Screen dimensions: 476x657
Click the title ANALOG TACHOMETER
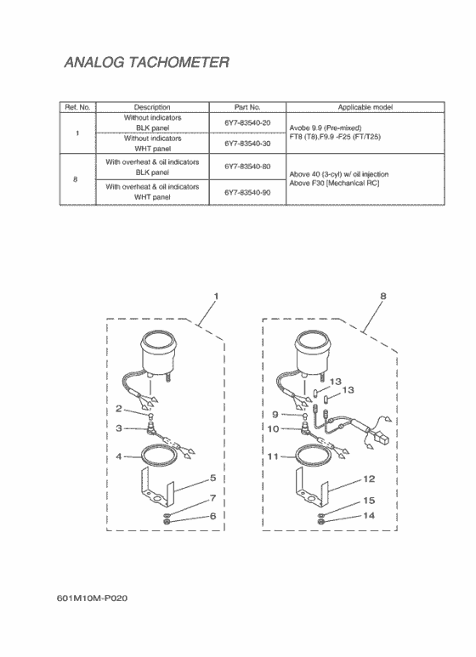click(x=147, y=62)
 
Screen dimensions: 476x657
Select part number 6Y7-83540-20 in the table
click(x=247, y=122)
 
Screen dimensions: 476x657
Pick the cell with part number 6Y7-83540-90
click(x=247, y=193)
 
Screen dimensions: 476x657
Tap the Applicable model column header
click(x=365, y=107)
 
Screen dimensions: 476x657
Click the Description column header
click(x=152, y=107)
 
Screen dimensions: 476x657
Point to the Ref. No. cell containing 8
click(x=76, y=179)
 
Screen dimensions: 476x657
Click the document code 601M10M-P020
click(x=92, y=598)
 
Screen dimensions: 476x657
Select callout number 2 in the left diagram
click(x=119, y=409)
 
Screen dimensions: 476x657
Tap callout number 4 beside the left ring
click(x=119, y=456)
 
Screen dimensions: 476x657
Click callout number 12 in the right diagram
click(x=369, y=479)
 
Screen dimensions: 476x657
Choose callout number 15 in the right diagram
click(x=369, y=501)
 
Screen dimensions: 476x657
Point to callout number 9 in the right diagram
click(x=275, y=415)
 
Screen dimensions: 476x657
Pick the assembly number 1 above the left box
click(x=216, y=297)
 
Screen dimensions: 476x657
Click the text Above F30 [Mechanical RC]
click(x=334, y=183)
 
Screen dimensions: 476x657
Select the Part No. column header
click(x=247, y=107)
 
